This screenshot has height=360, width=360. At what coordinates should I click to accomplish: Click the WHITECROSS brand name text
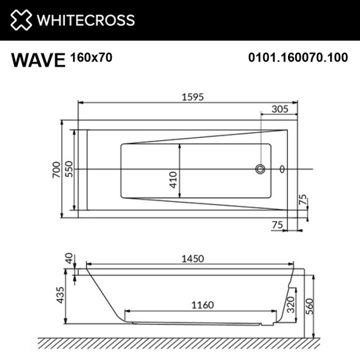point(85,20)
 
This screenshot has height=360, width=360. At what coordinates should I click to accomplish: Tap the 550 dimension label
point(69,170)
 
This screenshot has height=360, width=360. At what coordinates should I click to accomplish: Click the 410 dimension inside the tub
point(173,179)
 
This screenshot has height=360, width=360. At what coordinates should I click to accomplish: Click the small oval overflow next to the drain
point(283,169)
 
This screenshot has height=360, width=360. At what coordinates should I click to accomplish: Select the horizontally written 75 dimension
point(277,224)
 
